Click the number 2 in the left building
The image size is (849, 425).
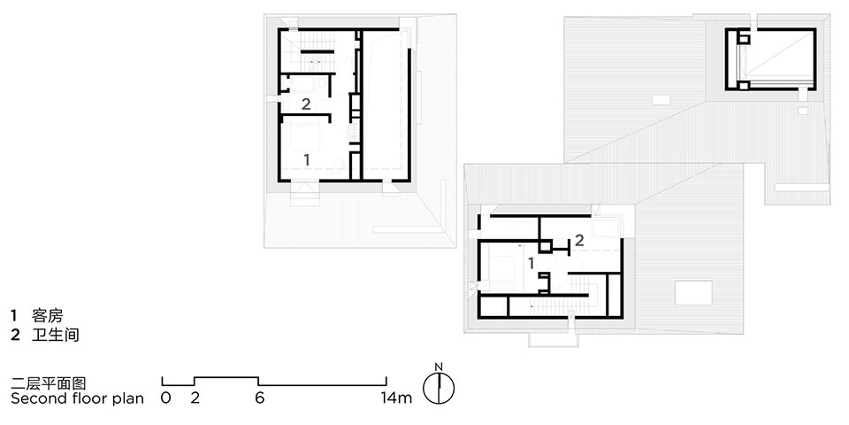306,104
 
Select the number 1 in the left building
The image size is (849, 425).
307,159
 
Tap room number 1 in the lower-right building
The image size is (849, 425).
532,263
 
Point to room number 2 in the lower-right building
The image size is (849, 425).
579,240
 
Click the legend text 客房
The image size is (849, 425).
48,315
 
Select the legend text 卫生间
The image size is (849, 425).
56,335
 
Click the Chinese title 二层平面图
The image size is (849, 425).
48,383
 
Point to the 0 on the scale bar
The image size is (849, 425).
165,398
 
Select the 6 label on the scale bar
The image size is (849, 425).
259,398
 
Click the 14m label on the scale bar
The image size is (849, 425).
396,398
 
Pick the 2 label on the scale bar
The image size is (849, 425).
195,398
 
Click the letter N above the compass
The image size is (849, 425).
439,367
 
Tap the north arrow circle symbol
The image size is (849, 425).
439,388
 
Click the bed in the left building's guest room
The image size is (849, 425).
306,135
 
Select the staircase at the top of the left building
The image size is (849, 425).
315,51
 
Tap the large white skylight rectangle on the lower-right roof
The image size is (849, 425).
693,293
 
